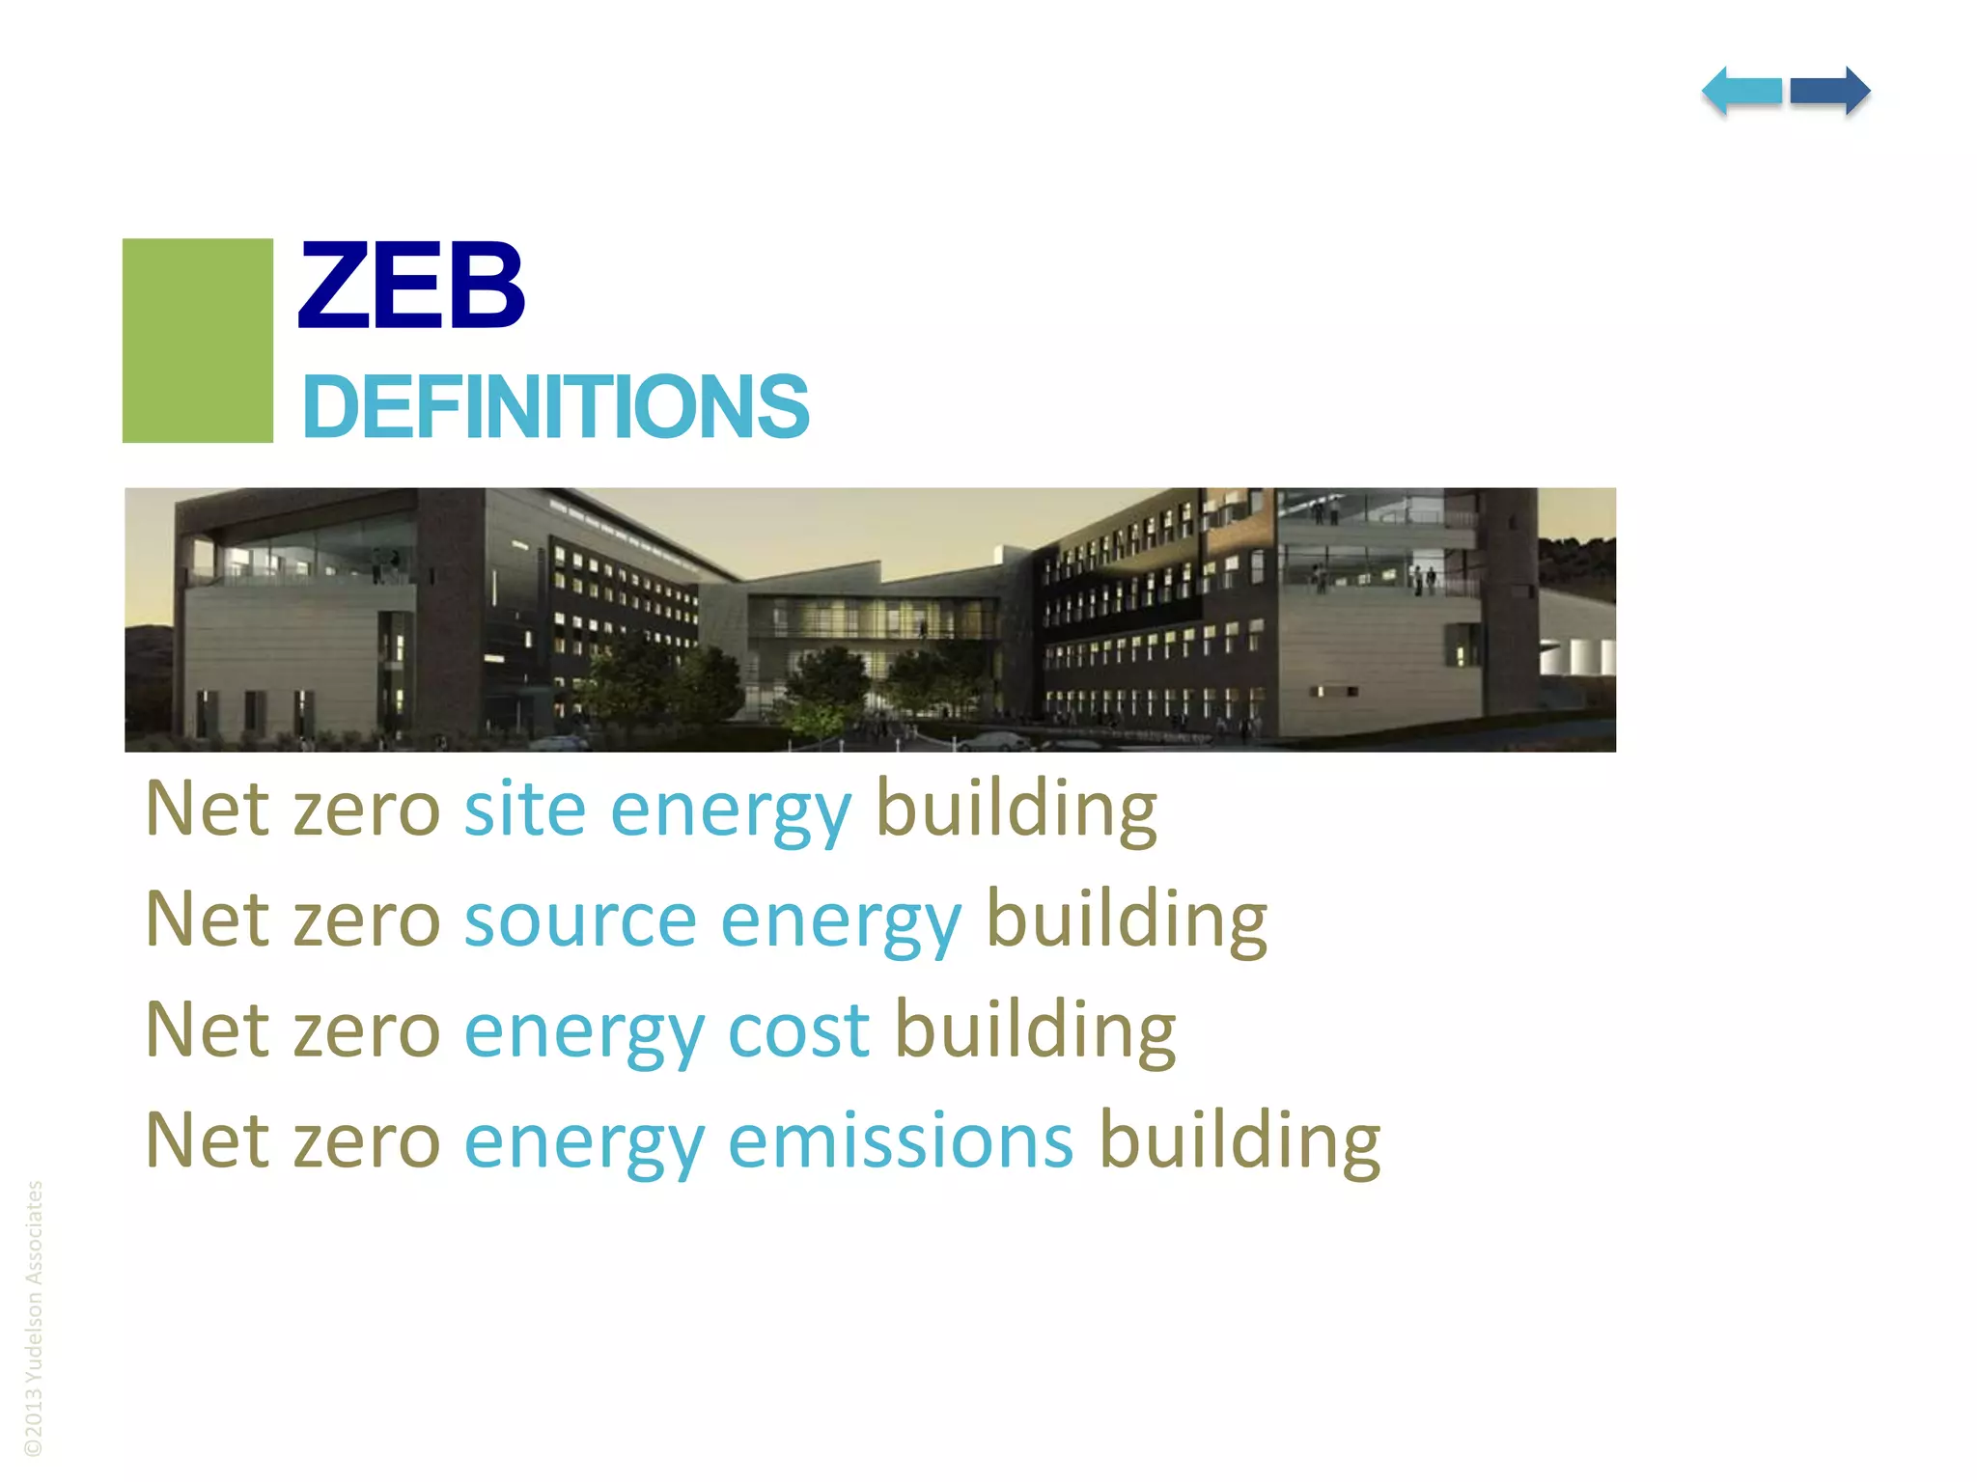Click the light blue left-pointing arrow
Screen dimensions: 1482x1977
coord(1741,92)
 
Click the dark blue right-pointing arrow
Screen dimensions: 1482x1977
coord(1830,92)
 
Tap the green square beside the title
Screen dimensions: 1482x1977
coord(198,341)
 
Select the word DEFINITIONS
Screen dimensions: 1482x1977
coord(555,407)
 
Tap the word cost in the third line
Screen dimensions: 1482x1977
coord(798,1030)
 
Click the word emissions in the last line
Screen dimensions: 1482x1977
coord(900,1141)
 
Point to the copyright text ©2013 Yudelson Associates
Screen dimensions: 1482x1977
coord(34,1318)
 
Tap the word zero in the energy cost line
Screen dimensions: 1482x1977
coord(367,1030)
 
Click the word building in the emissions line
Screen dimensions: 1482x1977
coord(1240,1141)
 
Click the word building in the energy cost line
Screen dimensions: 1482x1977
coord(1035,1030)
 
